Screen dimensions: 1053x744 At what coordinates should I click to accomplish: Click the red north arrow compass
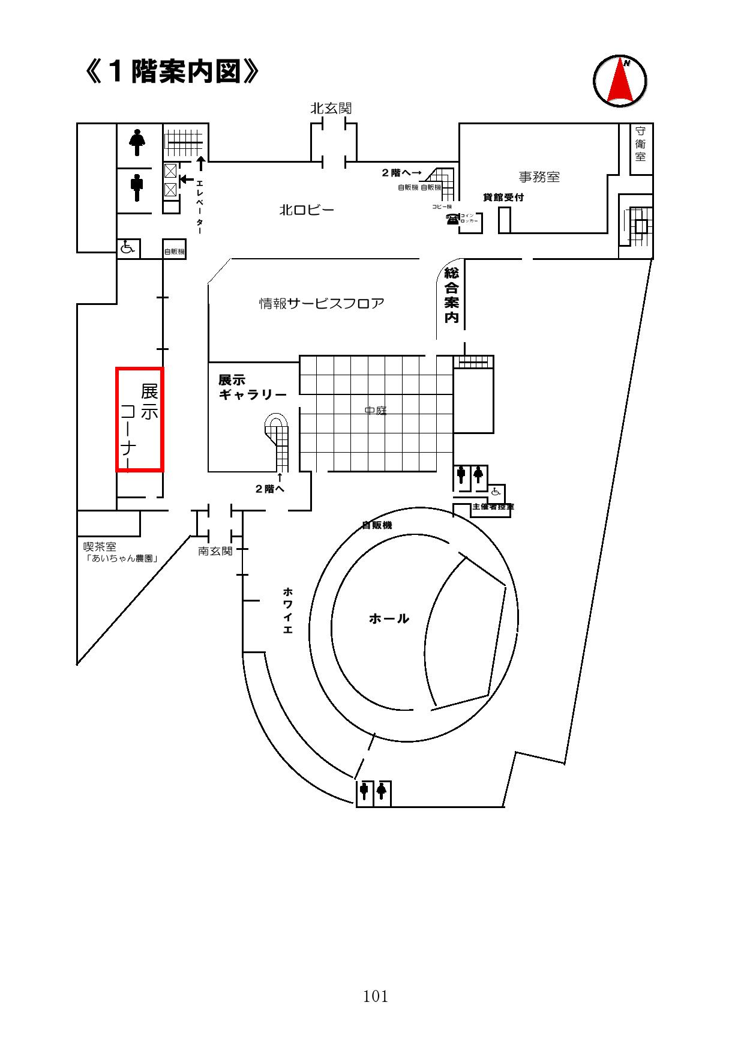(x=620, y=81)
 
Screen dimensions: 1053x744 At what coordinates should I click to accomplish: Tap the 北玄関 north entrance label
(x=331, y=109)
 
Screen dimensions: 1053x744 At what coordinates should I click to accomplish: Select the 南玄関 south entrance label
(x=215, y=551)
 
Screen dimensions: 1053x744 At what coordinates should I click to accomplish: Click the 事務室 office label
(x=539, y=177)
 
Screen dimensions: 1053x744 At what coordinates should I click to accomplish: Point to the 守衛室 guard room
(x=641, y=144)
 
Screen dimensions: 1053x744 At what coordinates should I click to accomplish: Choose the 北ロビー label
(x=306, y=210)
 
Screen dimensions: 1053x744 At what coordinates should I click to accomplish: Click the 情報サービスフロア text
(x=322, y=303)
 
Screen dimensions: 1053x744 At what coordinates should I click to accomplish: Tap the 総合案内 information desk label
(x=451, y=295)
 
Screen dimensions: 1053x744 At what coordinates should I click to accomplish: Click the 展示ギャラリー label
(x=252, y=388)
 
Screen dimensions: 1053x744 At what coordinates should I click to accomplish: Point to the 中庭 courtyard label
(x=376, y=411)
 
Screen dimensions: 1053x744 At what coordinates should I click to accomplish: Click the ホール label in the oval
(x=389, y=618)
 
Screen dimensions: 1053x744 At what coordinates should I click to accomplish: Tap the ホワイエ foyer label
(x=287, y=611)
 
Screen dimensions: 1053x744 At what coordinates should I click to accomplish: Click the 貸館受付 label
(x=503, y=198)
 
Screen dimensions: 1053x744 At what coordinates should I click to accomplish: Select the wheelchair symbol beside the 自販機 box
(x=128, y=247)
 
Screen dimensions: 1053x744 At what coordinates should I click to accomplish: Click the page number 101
(x=376, y=997)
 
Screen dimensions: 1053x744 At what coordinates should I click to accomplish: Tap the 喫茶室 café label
(x=100, y=547)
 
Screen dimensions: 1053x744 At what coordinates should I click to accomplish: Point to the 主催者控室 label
(x=493, y=507)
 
